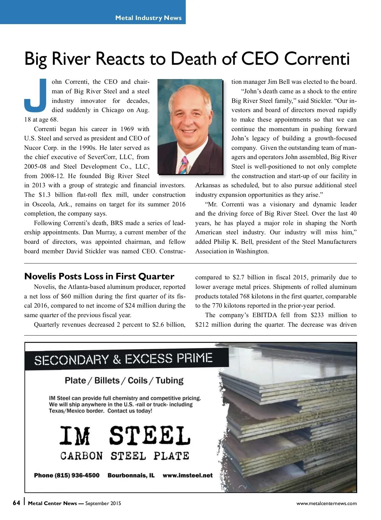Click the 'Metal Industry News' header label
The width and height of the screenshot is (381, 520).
coord(148,18)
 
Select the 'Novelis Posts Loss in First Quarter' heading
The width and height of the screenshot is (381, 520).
coord(99,276)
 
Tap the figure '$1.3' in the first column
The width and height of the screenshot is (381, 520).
coord(44,195)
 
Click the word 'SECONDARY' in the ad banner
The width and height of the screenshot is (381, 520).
coord(71,360)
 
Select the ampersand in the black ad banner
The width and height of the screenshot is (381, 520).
coord(117,359)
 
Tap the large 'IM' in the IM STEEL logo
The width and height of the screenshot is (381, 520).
coord(75,436)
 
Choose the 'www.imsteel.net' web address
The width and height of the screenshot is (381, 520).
coord(188,475)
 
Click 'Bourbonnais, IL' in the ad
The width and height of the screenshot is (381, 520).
coord(131,475)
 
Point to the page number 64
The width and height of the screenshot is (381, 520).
coord(16,503)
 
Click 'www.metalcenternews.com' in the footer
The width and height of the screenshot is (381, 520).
coord(326,503)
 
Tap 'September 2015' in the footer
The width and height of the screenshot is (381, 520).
coord(103,503)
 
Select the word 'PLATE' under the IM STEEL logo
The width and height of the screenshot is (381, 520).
coord(171,456)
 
